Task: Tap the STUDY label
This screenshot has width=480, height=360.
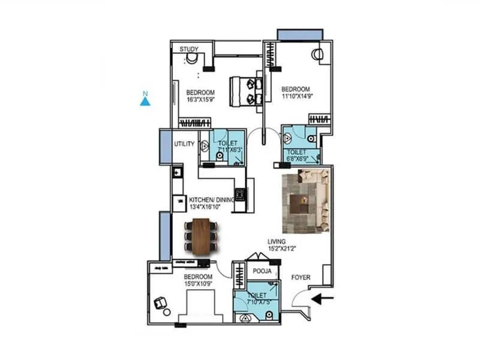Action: click(190, 49)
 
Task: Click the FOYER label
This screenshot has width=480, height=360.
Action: click(301, 278)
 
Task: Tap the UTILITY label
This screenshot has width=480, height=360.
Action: click(184, 145)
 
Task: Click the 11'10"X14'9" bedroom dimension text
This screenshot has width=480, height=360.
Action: click(298, 95)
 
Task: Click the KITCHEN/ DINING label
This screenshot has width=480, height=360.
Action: click(211, 200)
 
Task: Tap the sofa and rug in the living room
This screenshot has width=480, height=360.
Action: click(305, 201)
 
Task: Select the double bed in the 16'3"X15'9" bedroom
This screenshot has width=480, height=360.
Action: click(246, 91)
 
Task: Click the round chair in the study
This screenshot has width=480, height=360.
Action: click(191, 59)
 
